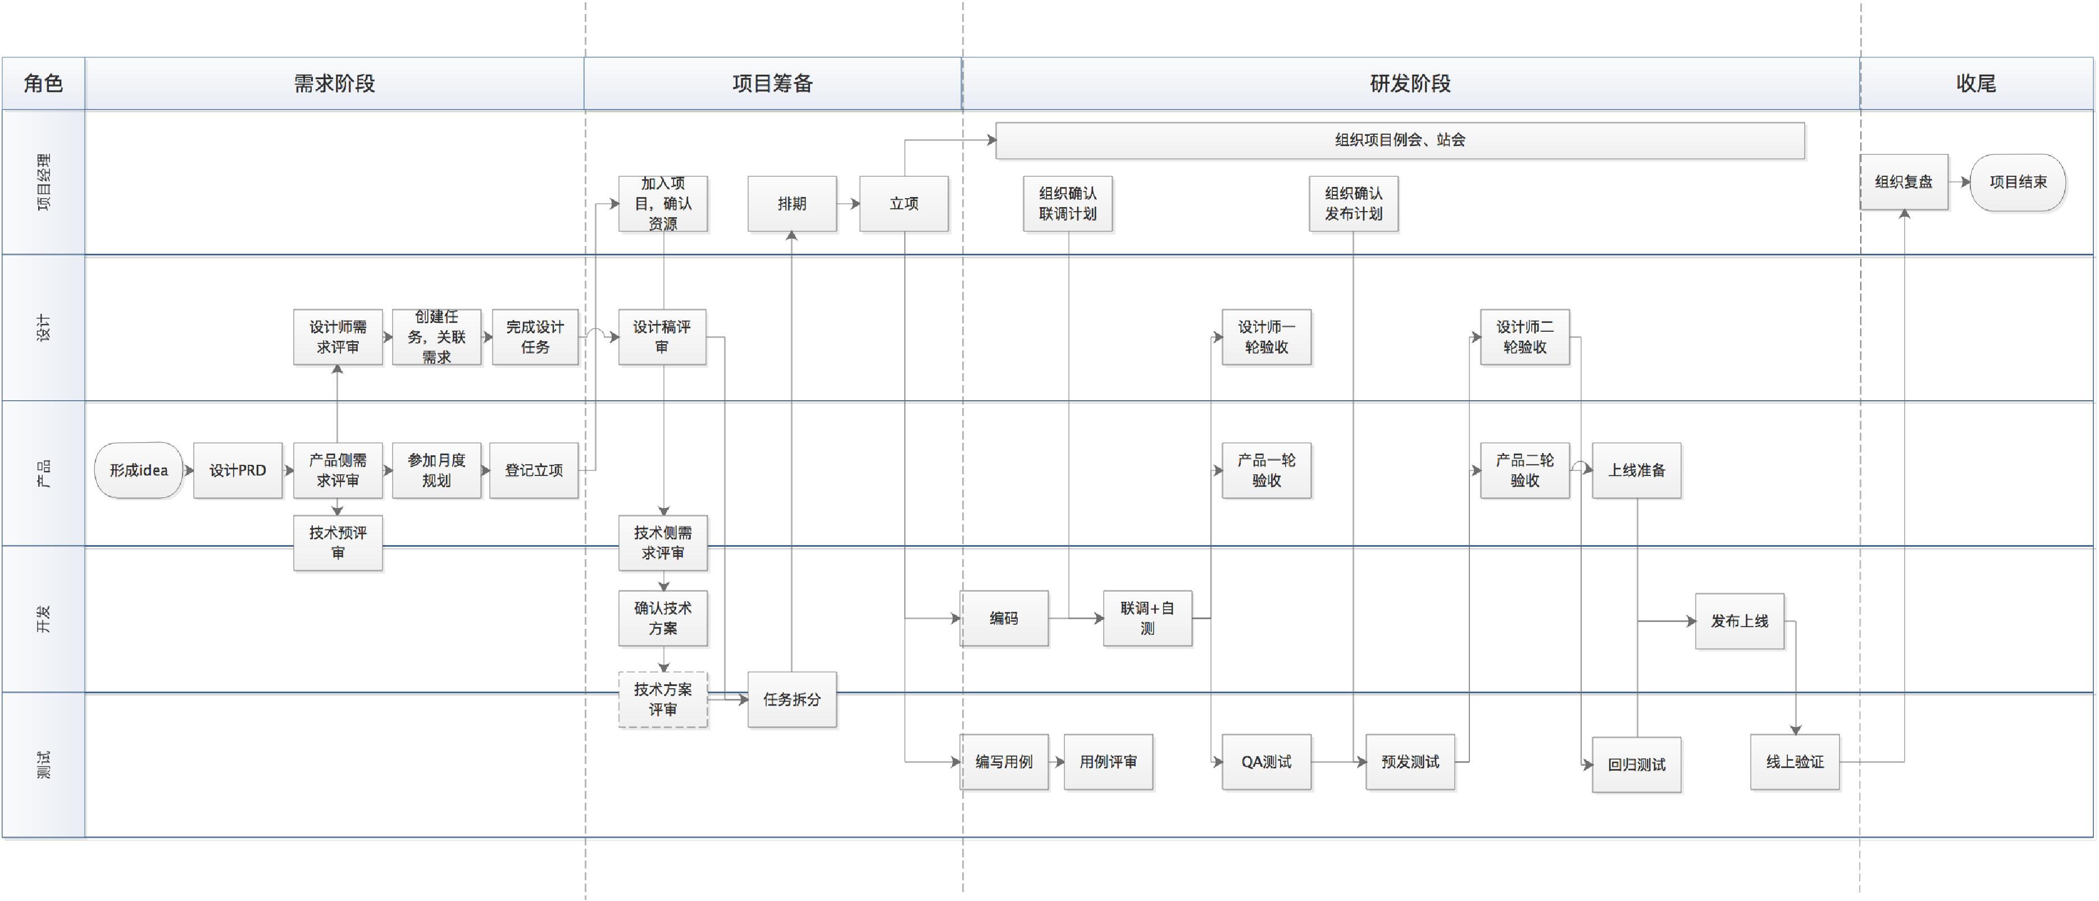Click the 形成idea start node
tap(139, 470)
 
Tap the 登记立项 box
tap(534, 470)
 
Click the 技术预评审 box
tap(338, 542)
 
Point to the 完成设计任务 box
tap(535, 336)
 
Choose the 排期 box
tap(792, 204)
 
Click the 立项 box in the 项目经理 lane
tap(904, 204)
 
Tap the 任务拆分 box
tap(792, 699)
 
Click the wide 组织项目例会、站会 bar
tap(1400, 140)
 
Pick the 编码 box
tap(1004, 618)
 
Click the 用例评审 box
tap(1108, 762)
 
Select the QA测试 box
tap(1266, 762)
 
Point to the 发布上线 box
tap(1740, 621)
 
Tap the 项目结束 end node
tap(2018, 182)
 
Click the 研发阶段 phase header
tap(1410, 83)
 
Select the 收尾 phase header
tap(1976, 83)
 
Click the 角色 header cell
tap(43, 83)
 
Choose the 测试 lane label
tap(43, 764)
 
